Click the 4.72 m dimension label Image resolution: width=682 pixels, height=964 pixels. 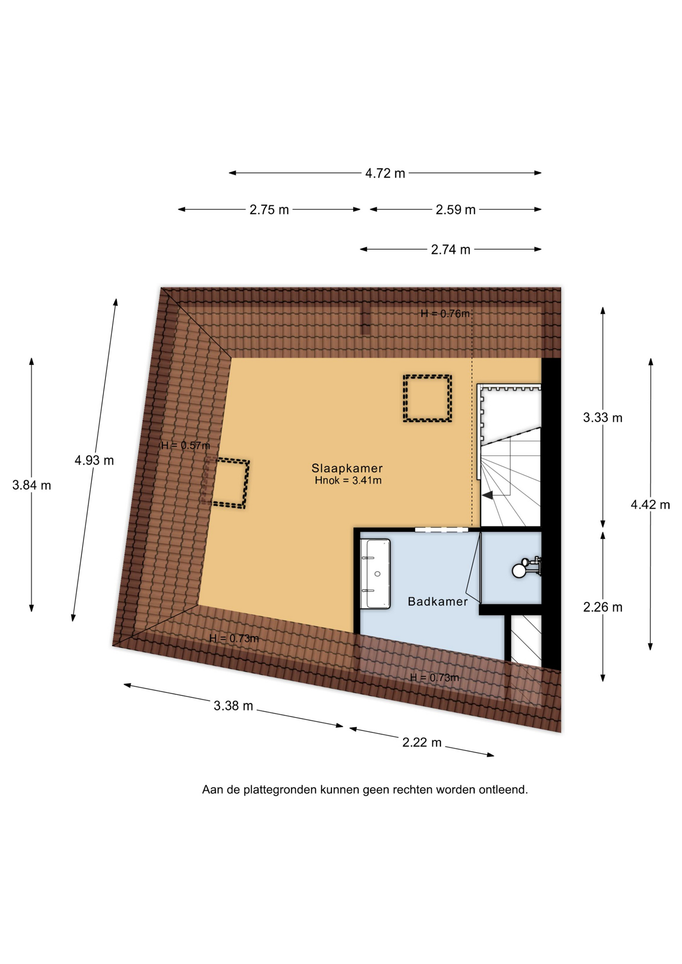pos(385,173)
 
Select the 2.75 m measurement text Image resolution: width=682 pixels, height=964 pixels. pos(269,209)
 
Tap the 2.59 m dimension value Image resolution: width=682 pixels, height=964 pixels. pos(455,209)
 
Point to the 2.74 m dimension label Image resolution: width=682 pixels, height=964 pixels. pos(450,250)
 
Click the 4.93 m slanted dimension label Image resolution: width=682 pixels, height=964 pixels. pos(94,460)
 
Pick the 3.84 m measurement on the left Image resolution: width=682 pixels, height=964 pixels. pos(32,485)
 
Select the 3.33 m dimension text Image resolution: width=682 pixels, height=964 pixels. pos(603,417)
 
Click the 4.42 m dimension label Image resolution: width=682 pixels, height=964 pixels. pos(650,505)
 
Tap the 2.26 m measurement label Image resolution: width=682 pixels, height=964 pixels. pos(603,607)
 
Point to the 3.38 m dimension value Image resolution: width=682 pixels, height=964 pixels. pos(234,705)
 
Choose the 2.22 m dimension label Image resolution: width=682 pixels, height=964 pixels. pos(422,742)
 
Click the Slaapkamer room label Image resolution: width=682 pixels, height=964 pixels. pos(347,468)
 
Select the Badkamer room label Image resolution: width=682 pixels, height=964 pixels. pos(437,601)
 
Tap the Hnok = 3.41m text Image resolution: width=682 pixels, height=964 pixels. pos(348,480)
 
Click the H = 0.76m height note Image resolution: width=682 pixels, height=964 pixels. pos(445,314)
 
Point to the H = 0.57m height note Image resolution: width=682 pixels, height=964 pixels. pos(185,445)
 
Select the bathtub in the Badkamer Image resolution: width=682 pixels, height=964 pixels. pos(376,573)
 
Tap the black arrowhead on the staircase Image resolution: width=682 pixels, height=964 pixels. pos(487,495)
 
